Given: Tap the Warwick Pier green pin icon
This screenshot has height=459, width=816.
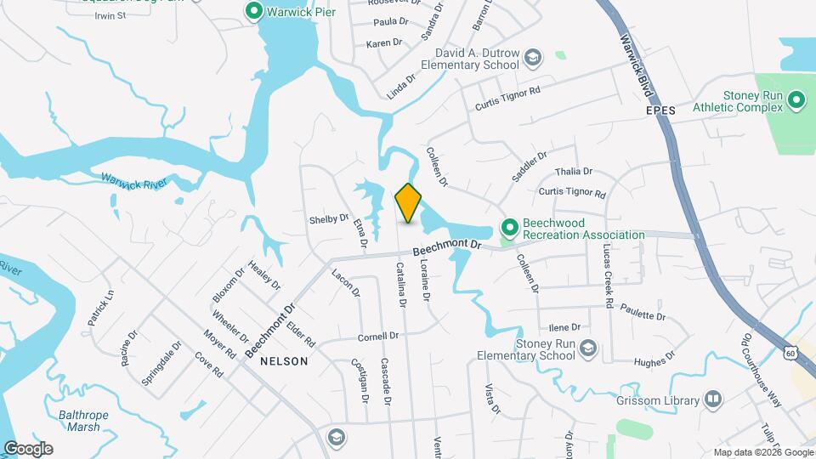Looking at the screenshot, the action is click(x=253, y=12).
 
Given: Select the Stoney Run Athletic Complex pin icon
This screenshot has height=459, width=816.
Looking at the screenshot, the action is click(x=796, y=101).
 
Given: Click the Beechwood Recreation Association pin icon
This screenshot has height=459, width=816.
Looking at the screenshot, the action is click(x=510, y=227).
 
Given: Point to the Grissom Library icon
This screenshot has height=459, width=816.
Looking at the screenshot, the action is click(x=713, y=399).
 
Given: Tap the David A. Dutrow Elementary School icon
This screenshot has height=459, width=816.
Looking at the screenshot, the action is click(x=533, y=58).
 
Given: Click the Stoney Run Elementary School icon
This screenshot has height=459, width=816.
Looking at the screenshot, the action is click(x=589, y=348).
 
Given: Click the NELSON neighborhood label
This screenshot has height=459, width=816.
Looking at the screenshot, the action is click(x=284, y=360).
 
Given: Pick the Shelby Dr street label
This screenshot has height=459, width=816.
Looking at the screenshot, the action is click(x=329, y=218).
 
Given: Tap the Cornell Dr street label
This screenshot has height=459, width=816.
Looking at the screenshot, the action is click(x=378, y=336).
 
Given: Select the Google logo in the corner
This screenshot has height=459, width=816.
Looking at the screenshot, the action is click(x=28, y=448).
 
